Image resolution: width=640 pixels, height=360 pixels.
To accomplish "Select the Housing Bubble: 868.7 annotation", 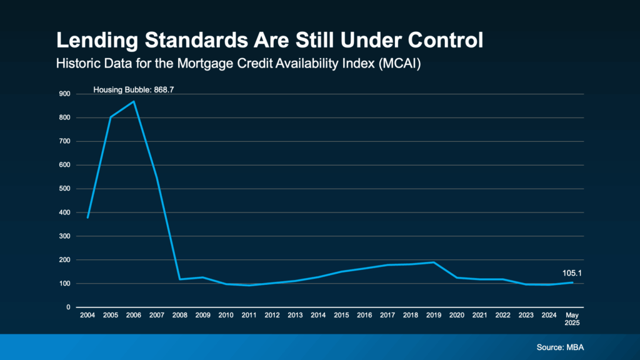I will pyautogui.click(x=133, y=90).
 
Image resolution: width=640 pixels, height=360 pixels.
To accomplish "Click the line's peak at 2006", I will pyautogui.click(x=134, y=101).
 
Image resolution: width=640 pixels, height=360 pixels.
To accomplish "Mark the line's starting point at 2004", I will pyautogui.click(x=87, y=217).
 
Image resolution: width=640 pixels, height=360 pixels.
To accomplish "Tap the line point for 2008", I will pyautogui.click(x=180, y=279).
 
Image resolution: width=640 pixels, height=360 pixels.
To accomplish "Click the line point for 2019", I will pyautogui.click(x=434, y=262).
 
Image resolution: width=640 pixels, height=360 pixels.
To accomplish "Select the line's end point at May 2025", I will pyautogui.click(x=572, y=282).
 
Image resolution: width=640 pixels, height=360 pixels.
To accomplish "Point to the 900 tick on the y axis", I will pyautogui.click(x=64, y=94).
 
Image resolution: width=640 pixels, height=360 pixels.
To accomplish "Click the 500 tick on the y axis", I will pyautogui.click(x=64, y=189).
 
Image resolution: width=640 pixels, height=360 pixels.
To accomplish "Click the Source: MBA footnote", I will pyautogui.click(x=560, y=347).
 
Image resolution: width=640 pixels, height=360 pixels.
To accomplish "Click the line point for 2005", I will pyautogui.click(x=111, y=117).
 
